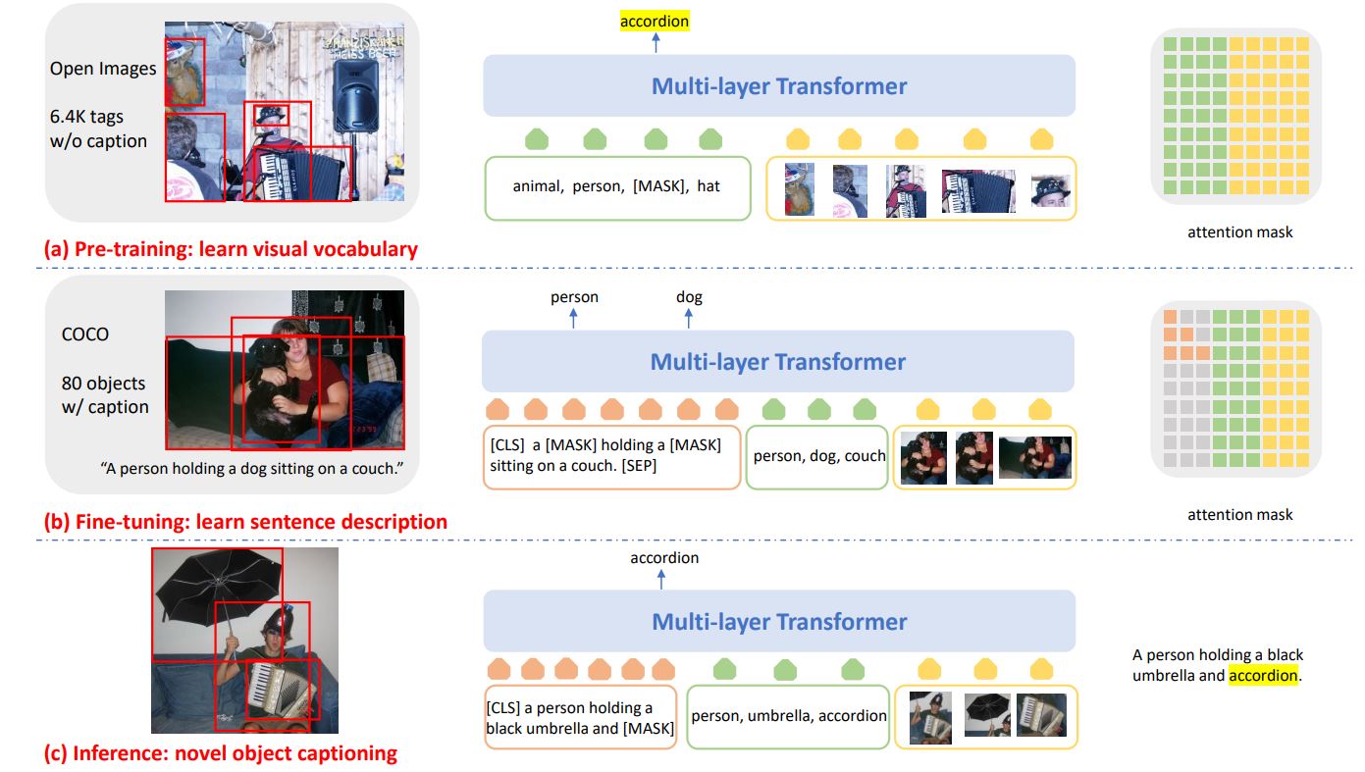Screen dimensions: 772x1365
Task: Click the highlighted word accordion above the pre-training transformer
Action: click(655, 21)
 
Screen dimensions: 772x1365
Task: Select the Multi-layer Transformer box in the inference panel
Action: click(779, 622)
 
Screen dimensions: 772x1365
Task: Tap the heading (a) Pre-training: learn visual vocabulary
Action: click(231, 249)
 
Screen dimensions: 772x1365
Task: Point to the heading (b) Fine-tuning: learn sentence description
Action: click(245, 522)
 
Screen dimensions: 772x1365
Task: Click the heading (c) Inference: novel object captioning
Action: click(221, 753)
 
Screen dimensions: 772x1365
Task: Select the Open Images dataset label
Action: click(103, 69)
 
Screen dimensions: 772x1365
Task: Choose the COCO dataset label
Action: click(84, 335)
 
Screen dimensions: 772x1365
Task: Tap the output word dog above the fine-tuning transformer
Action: click(689, 297)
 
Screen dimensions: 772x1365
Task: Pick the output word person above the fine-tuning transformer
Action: click(574, 297)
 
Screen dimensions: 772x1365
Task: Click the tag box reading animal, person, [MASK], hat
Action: click(616, 185)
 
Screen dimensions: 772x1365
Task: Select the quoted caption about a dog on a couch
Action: click(252, 468)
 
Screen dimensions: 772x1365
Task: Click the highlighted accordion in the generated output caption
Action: click(1263, 676)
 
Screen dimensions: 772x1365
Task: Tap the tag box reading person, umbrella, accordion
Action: click(789, 715)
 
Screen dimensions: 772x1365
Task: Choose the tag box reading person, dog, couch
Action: click(818, 455)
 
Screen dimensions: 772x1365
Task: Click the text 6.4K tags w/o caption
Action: click(99, 129)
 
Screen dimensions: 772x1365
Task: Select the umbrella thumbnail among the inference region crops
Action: click(988, 715)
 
